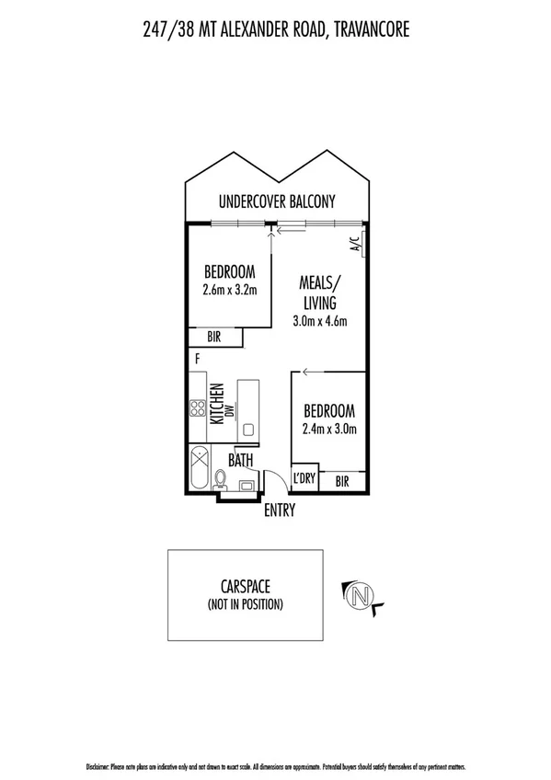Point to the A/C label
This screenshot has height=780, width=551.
coord(354,246)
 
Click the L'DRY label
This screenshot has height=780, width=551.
coord(304,480)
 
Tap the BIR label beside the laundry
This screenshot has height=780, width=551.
coord(341,480)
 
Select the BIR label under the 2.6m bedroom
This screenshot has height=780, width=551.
coord(214,338)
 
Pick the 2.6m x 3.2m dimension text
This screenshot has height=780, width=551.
coord(229,290)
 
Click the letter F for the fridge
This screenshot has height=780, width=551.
coord(197,359)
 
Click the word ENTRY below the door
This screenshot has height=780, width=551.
coord(280,510)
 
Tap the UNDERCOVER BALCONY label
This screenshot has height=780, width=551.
coord(277,201)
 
